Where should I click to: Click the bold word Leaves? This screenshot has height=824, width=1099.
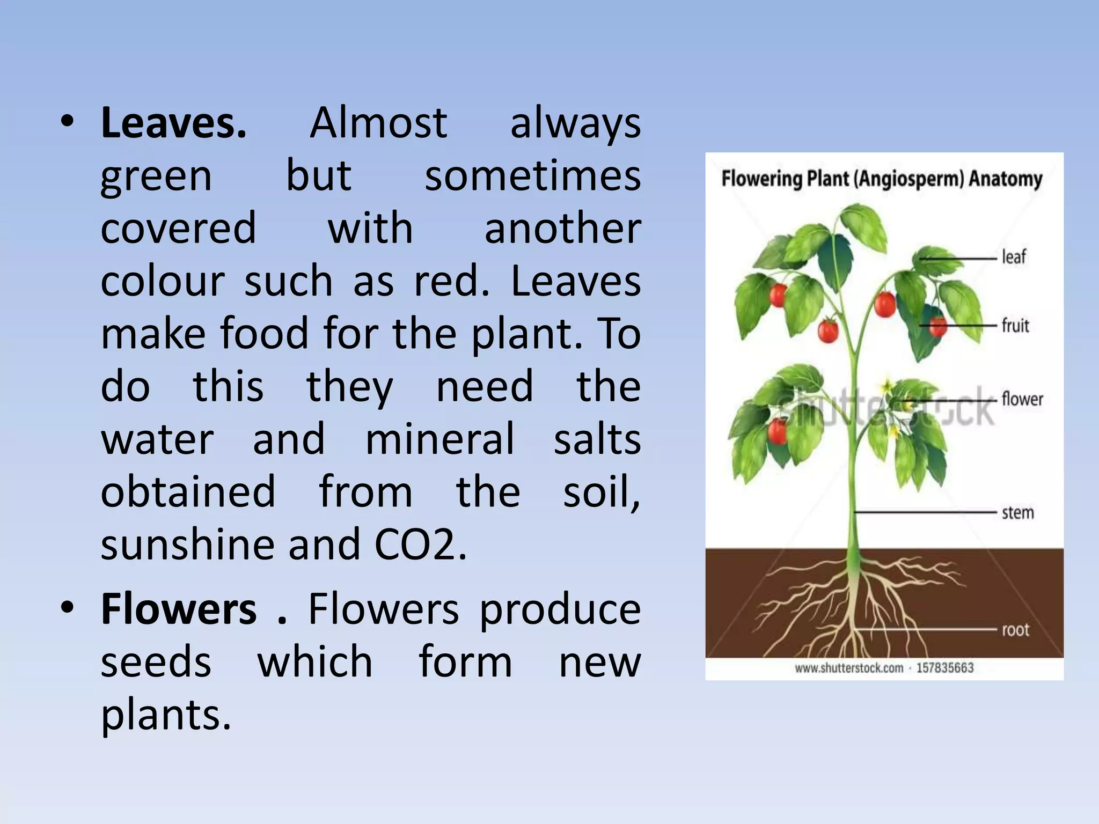pos(173,123)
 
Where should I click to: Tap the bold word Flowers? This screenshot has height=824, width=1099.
pos(179,610)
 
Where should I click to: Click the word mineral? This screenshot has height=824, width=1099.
pos(439,439)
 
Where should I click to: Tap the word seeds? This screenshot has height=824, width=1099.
pos(156,663)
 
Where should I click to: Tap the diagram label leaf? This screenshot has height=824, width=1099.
pos(1014,257)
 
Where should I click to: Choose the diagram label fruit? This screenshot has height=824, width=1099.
pos(1015,325)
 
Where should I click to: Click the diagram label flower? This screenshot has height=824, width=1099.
pos(1022,399)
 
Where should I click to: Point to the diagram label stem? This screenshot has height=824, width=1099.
pos(1018,513)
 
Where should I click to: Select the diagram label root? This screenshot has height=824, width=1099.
pos(1016,630)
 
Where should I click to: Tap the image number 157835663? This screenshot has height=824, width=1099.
pos(944,668)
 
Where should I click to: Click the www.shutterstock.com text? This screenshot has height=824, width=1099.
pos(849,668)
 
